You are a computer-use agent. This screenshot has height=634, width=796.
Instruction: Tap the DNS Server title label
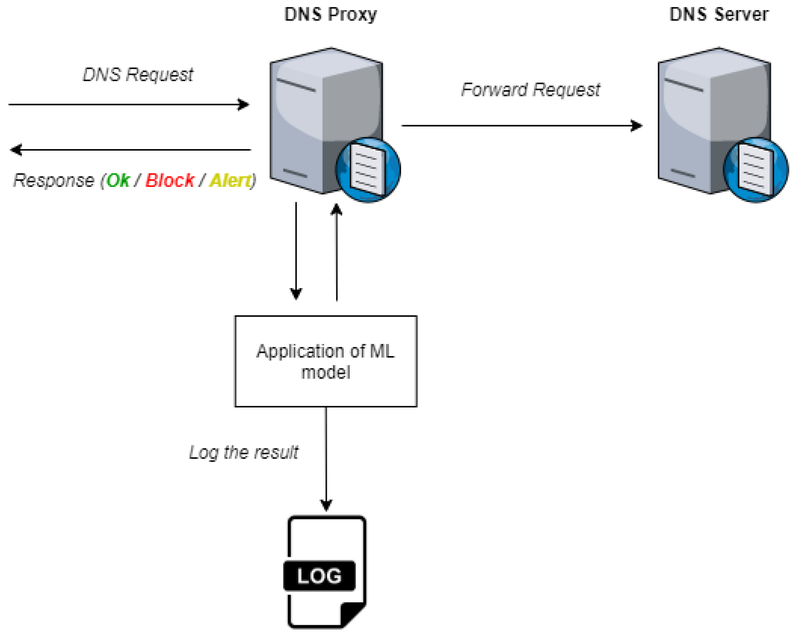point(719,15)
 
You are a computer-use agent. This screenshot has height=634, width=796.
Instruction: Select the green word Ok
point(118,180)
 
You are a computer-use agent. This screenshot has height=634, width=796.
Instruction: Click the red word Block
point(170,180)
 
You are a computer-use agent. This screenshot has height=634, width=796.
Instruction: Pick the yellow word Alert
point(231,180)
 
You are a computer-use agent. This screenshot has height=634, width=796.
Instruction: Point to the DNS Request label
point(138,75)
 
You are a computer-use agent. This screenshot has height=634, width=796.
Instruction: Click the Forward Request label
point(531,90)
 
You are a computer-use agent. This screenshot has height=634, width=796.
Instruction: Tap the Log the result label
point(244,452)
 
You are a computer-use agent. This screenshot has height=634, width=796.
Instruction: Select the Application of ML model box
point(326,362)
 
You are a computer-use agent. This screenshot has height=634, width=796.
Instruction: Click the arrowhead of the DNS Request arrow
point(244,104)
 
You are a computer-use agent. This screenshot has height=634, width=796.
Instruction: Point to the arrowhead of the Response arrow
point(16,150)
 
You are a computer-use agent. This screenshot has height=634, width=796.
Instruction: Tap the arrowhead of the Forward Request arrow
point(636,126)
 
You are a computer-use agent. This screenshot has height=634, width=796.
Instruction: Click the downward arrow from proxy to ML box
point(296,251)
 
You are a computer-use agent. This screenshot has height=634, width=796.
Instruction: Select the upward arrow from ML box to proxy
point(336,252)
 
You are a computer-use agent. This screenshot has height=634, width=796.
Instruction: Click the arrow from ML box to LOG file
point(326,459)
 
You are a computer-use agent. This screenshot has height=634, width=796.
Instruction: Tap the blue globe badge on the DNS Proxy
point(368,170)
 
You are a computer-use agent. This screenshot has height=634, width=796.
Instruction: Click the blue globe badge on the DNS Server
point(755,170)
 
